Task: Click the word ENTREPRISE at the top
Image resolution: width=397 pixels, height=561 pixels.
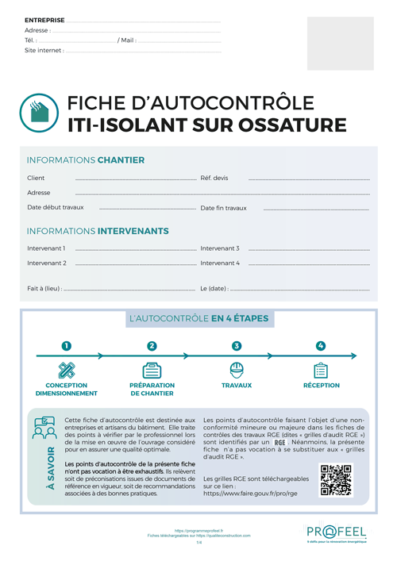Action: coord(44,19)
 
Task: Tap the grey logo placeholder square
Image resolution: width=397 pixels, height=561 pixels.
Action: coord(340,44)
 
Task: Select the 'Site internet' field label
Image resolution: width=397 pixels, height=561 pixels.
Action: coord(44,50)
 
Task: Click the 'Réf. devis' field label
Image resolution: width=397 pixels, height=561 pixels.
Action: coord(214,178)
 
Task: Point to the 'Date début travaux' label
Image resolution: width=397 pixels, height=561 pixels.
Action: coord(55,207)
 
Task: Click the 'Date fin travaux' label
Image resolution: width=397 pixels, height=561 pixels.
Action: coord(223,208)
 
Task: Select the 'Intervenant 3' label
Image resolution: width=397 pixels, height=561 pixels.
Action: coord(220,248)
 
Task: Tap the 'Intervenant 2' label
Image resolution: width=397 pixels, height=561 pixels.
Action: coord(46,263)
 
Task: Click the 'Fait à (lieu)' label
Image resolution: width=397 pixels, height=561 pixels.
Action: coord(44,288)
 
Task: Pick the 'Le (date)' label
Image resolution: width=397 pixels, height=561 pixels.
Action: coord(214,288)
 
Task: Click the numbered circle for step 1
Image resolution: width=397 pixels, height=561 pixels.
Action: coord(67,346)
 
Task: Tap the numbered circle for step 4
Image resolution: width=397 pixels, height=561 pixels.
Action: coord(321,346)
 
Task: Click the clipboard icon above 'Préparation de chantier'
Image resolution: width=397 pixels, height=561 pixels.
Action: coord(152,370)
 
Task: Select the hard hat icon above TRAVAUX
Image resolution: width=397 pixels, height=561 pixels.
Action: coord(236,370)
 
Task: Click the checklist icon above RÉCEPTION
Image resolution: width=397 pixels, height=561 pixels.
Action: coord(321,370)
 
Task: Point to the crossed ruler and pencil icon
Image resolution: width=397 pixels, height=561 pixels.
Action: coord(67,370)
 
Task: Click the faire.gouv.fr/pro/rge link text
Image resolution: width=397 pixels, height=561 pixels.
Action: coord(250,493)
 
